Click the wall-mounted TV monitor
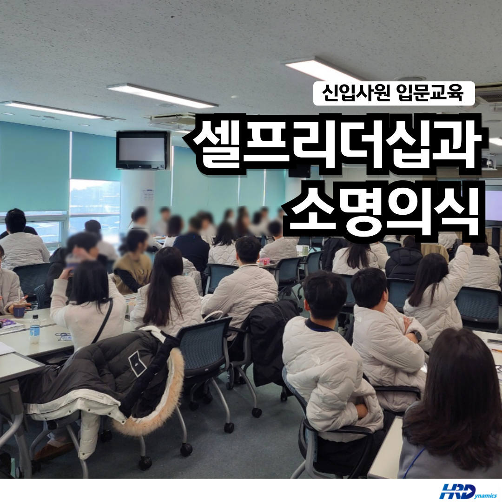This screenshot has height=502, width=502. tap(142, 150)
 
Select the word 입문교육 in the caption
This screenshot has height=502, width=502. tap(429, 93)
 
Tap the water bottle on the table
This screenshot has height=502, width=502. tap(34, 329)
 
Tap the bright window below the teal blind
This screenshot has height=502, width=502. tap(95, 198)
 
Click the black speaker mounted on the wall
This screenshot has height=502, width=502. tap(299, 172)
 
